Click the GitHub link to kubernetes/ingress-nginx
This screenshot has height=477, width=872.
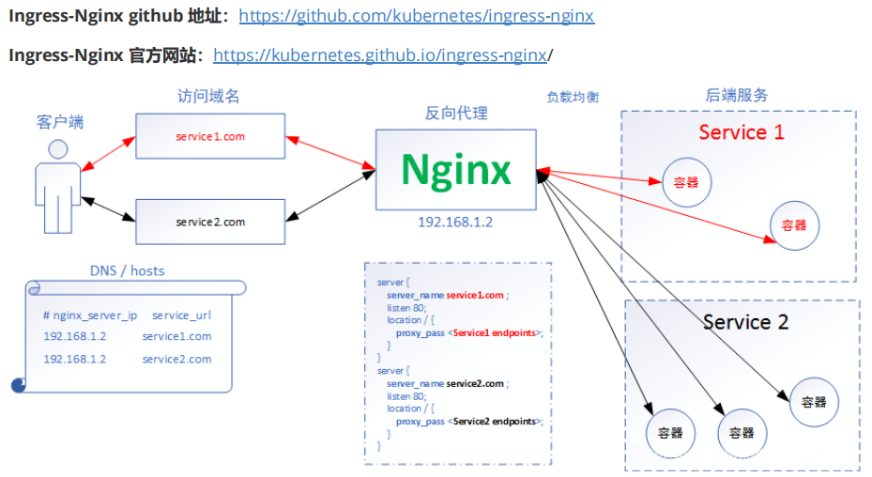[x=416, y=16]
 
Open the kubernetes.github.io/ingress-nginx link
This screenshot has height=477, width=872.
[x=380, y=54]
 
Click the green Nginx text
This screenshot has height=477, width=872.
[x=456, y=169]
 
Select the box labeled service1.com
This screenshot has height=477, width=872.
[x=210, y=136]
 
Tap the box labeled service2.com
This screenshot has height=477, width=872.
[x=210, y=222]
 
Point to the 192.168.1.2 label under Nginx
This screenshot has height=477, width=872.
[x=455, y=223]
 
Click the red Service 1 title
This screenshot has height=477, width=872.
[x=741, y=132]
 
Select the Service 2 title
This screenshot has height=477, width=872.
[x=745, y=322]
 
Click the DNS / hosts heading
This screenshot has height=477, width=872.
[x=127, y=270]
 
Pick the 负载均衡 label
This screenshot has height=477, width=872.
[x=573, y=97]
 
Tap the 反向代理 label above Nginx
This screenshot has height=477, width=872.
[x=456, y=113]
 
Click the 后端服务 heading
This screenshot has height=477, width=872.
[x=736, y=95]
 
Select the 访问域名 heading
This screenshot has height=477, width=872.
[x=208, y=96]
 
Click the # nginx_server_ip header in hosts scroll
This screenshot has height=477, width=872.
[x=90, y=315]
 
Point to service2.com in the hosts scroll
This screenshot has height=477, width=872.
[x=176, y=359]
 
